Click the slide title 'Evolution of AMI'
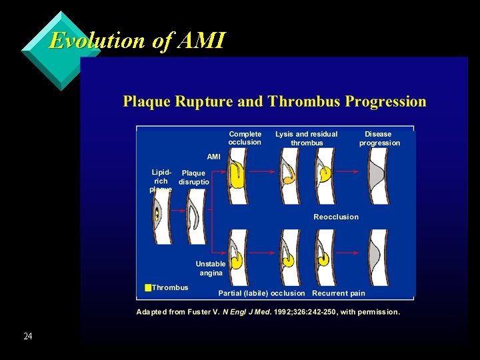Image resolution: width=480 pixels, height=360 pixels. [137, 41]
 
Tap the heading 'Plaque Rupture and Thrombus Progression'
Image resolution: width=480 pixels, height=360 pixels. [274, 102]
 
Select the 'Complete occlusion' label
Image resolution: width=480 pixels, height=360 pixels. [245, 138]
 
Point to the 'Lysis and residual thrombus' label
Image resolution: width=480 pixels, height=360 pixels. [307, 138]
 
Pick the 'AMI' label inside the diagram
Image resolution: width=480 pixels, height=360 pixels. [213, 157]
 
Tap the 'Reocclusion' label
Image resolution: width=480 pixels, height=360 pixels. [336, 217]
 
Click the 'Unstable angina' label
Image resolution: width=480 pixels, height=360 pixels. [211, 269]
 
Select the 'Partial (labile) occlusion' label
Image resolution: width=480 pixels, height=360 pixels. [261, 293]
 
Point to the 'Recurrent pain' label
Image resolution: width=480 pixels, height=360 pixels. [339, 293]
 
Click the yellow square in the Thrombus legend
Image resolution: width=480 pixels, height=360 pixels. [148, 287]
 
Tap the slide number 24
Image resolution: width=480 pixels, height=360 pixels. [27, 337]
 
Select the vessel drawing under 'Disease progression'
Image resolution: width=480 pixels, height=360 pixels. [377, 176]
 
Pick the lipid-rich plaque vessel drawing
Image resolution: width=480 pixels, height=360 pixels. [159, 216]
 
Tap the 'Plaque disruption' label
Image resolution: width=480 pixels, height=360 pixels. [194, 177]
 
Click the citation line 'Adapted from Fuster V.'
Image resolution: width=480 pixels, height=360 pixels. [268, 312]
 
